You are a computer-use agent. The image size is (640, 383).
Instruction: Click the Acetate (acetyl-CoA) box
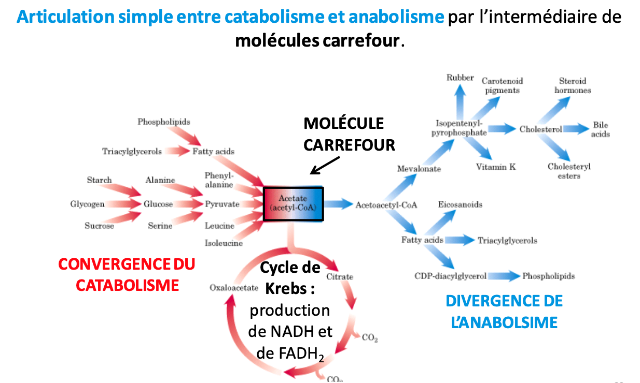[x=293, y=203]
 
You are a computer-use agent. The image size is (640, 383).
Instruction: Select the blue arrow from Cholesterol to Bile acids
[x=576, y=129]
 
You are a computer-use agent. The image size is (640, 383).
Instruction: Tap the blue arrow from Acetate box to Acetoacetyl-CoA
[x=338, y=204]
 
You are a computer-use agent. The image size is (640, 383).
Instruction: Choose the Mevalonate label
[x=419, y=169]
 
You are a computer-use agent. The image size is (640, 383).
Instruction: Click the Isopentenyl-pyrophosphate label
[x=459, y=128]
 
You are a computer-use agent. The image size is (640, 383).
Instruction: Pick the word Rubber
[x=460, y=78]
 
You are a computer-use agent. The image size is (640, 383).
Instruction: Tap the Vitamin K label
[x=496, y=167]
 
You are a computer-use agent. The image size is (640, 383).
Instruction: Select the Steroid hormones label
[x=572, y=85]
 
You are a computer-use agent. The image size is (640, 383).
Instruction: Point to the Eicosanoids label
[x=460, y=204]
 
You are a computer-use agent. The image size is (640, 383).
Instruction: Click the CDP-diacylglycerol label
[x=450, y=276]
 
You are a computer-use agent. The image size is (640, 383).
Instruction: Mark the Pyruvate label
[x=222, y=204]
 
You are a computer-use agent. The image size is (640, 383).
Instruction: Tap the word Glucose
[x=158, y=204]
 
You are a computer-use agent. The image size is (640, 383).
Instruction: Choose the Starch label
[x=99, y=180]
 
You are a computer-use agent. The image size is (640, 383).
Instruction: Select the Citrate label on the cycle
[x=340, y=276]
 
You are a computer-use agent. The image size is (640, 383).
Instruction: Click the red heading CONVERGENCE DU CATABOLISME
[x=127, y=274]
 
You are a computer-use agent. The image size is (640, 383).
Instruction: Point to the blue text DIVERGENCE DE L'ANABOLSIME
[x=504, y=312]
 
